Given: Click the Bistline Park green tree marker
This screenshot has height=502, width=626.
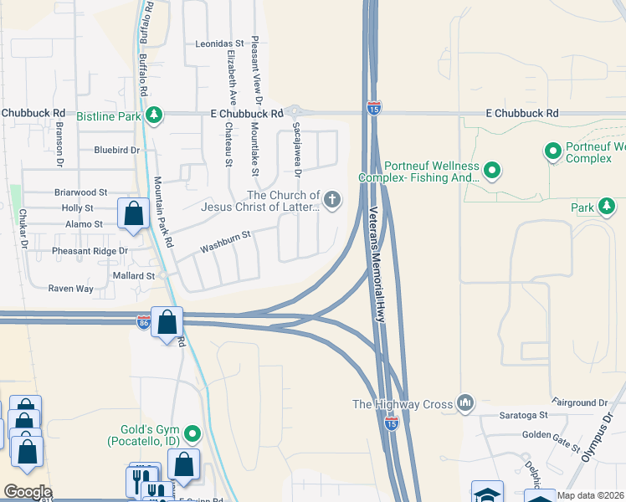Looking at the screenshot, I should coord(152,114).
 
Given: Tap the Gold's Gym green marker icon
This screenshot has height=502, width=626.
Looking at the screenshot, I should coord(193,433).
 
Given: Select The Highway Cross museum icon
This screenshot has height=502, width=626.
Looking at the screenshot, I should coord(466,404).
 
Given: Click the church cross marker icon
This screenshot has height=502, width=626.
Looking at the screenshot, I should coord(332,199).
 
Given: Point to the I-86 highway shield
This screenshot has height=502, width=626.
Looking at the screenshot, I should coord(144,322).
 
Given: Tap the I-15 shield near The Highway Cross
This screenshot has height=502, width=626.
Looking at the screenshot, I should coord(391,424).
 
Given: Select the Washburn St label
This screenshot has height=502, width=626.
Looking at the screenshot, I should coord(225,243).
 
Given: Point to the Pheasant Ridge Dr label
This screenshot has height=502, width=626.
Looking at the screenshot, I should coord(79,250).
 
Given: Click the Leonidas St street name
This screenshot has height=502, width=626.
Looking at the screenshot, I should coord(219,43).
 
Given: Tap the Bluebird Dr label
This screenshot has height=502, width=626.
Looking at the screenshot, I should coord(115,151).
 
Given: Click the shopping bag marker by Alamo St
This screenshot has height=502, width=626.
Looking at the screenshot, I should coord(133,213).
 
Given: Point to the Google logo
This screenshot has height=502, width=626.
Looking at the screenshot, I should coord(28,492).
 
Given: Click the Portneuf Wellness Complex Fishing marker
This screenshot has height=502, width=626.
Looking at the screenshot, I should coord(492,172).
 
